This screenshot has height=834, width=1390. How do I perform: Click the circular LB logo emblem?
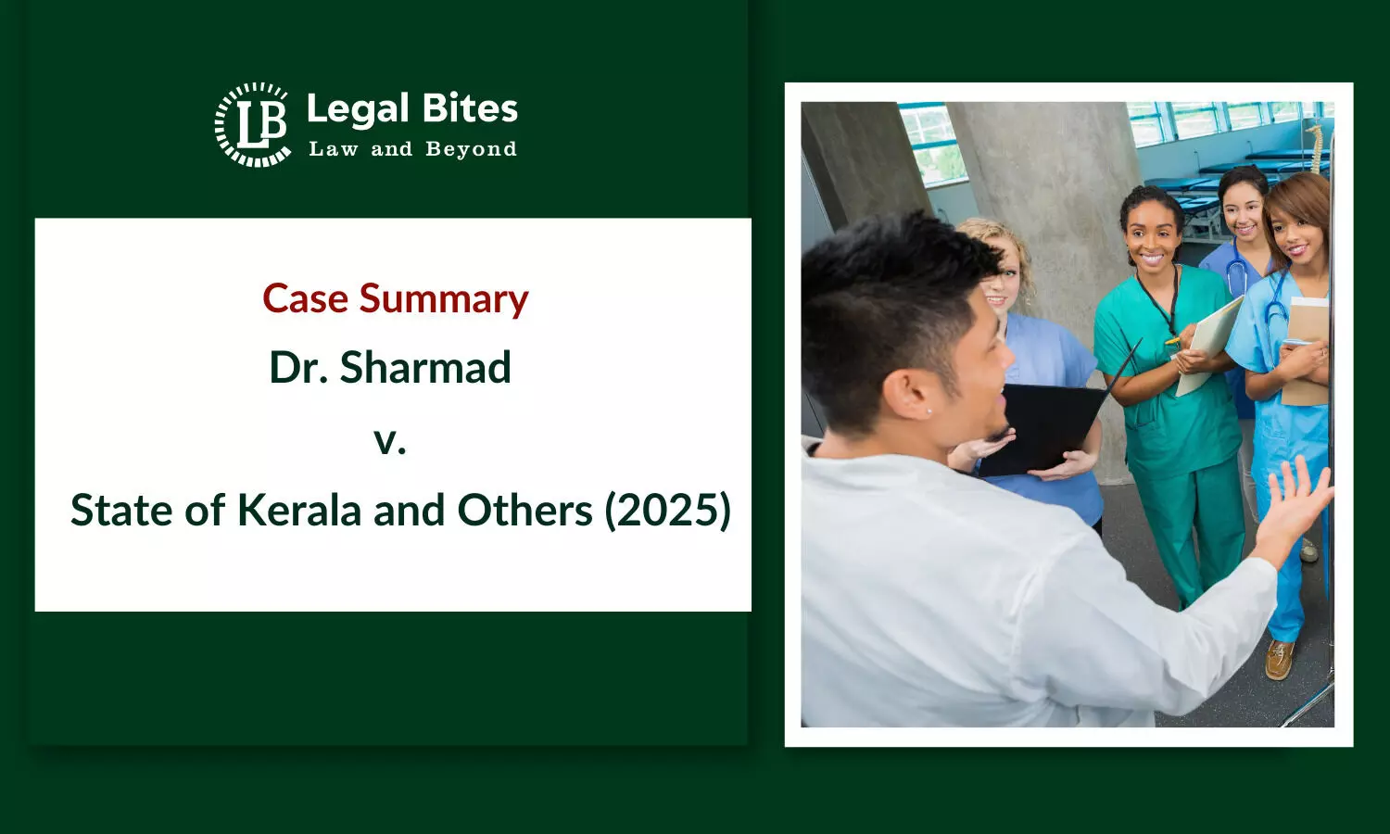click(253, 125)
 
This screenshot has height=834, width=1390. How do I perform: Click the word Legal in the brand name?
click(358, 110)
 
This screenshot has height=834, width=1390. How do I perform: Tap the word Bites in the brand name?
click(470, 108)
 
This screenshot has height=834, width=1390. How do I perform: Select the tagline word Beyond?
click(471, 149)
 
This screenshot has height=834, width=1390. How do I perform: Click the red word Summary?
click(444, 300)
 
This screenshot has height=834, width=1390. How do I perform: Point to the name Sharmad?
click(425, 367)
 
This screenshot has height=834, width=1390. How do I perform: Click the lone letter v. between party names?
click(390, 440)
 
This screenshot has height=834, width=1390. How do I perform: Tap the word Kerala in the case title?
click(299, 511)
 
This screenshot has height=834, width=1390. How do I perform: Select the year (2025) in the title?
click(668, 511)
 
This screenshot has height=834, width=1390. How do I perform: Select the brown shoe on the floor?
click(1280, 659)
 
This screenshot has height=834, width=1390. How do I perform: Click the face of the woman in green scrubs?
click(1153, 235)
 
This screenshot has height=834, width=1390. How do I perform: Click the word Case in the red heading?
click(305, 298)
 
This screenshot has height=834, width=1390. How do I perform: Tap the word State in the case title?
click(121, 511)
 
